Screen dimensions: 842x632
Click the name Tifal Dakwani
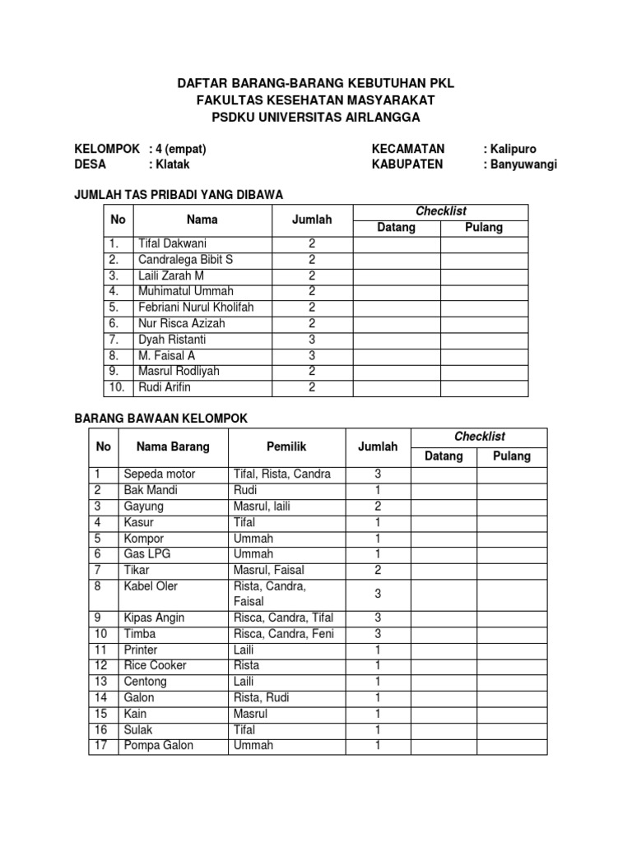(172, 243)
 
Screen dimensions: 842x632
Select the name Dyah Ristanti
(172, 340)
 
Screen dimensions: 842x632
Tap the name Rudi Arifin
(165, 387)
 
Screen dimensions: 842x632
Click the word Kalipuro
(513, 149)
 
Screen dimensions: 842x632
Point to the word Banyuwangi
(523, 164)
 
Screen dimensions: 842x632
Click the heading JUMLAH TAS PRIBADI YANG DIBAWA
(179, 195)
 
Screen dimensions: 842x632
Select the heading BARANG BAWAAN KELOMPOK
(161, 419)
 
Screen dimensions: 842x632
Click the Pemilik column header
(286, 446)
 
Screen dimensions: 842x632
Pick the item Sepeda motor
(160, 474)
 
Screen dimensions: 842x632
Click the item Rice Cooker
(155, 665)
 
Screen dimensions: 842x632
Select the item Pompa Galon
(158, 745)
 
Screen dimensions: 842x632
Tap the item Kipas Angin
(154, 618)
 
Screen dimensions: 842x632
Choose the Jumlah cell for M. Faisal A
(312, 355)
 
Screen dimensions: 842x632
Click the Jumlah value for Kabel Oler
(378, 594)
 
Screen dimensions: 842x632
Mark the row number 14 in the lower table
(101, 697)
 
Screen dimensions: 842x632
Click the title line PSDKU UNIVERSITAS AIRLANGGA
(316, 118)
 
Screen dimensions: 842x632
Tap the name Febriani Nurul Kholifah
(196, 308)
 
